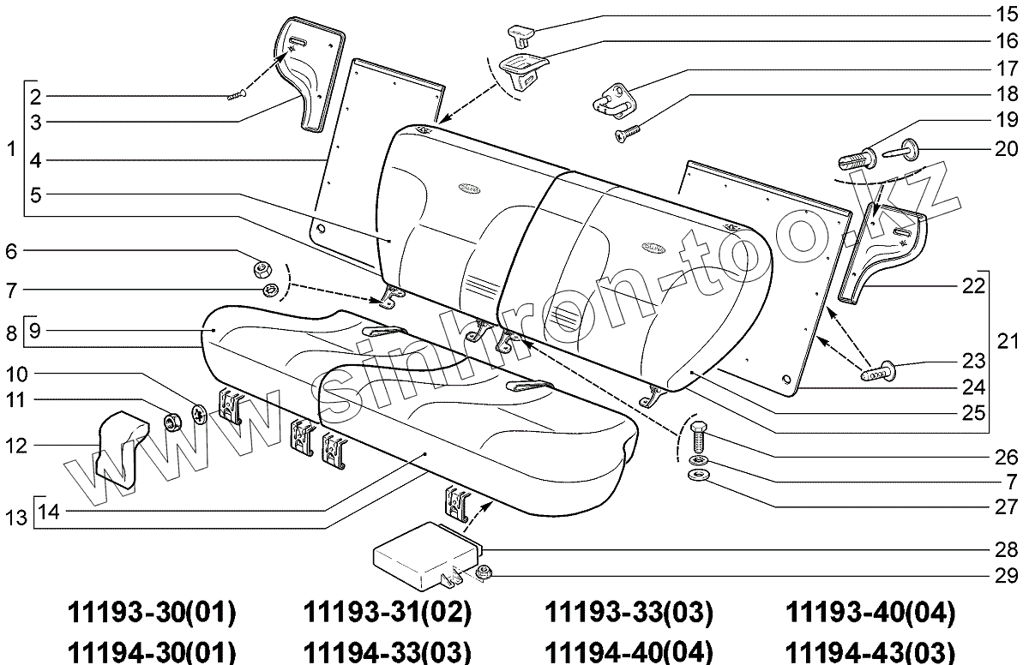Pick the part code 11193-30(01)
point(151,614)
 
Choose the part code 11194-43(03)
point(870,650)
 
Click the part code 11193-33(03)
point(629,614)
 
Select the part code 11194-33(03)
point(388,650)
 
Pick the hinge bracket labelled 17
point(613,100)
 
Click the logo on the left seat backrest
point(472,184)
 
